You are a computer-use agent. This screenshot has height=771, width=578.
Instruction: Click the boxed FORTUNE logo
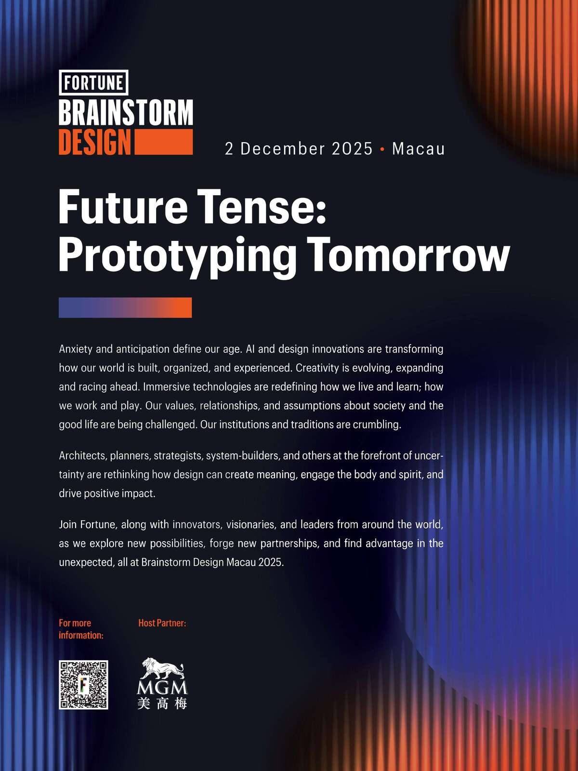point(93,82)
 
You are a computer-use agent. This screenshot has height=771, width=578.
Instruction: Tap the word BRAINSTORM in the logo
point(126,112)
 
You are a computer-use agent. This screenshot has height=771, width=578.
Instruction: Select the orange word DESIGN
point(95,142)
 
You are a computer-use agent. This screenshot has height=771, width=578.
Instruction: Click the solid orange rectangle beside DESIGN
point(164,142)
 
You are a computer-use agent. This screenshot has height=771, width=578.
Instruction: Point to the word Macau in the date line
point(418,148)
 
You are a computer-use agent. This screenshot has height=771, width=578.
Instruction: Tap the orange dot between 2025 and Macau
point(382,149)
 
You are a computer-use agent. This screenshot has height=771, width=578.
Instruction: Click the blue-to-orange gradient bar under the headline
point(125,307)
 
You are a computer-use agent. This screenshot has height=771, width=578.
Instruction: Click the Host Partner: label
point(162,623)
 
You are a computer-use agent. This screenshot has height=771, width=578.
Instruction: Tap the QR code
point(83,685)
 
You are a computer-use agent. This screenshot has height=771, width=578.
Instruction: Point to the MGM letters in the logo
point(162,688)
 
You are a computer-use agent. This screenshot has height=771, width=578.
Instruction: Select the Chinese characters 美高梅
point(162,703)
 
